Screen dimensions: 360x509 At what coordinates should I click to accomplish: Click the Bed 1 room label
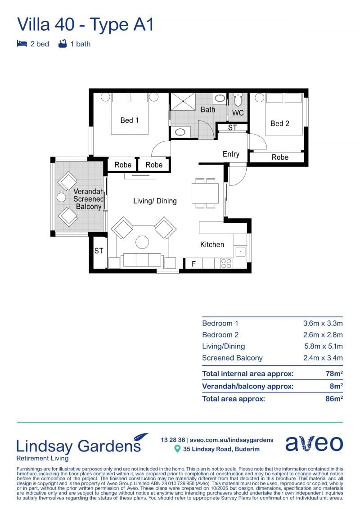[130, 120]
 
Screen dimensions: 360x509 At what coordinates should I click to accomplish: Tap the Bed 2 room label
[280, 123]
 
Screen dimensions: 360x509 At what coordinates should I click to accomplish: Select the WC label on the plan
[238, 113]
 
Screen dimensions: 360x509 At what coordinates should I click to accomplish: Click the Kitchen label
[212, 244]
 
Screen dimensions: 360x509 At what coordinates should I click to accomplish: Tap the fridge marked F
[193, 264]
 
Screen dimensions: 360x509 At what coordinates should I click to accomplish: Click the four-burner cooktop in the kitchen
[226, 263]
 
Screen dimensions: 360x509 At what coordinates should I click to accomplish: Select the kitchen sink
[240, 252]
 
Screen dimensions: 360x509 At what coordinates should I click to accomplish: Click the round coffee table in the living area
[142, 242]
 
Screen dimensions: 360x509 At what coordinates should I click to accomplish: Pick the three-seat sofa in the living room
[142, 261]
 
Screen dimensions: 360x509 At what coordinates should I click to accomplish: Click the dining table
[205, 193]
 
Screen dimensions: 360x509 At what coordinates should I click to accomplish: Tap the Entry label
[231, 154]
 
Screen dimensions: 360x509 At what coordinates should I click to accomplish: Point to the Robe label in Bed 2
[280, 157]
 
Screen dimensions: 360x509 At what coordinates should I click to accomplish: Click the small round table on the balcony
[61, 197]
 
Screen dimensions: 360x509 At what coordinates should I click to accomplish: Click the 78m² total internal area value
[334, 373]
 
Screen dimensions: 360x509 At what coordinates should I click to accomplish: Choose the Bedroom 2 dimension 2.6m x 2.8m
[323, 335]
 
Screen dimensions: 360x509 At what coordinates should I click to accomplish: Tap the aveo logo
[314, 443]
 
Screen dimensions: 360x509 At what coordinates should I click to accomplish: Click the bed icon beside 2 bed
[22, 44]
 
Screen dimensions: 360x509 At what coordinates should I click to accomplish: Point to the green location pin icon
[177, 449]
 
